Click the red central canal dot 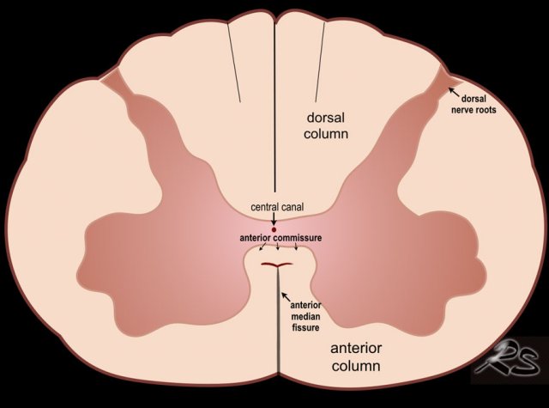pos(274,229)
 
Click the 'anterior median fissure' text pos(305,316)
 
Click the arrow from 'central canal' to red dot pos(274,218)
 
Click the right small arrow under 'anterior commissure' pos(297,249)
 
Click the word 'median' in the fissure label pos(305,316)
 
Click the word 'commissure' pos(292,239)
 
